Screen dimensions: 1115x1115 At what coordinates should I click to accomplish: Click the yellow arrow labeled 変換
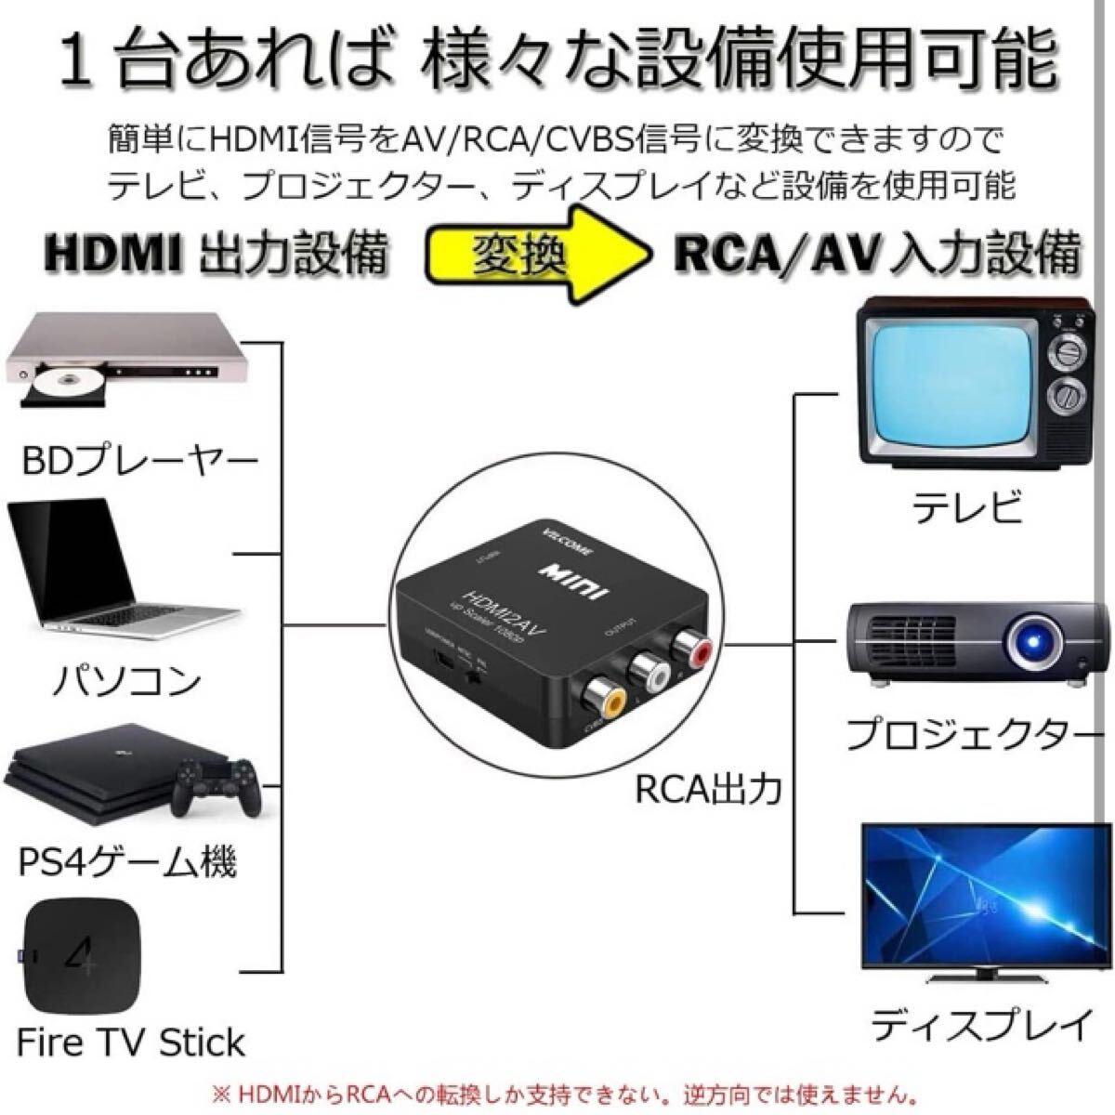(539, 253)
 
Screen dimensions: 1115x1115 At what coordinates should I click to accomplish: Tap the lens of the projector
(1032, 640)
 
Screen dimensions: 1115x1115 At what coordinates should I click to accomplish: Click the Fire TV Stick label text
(131, 1043)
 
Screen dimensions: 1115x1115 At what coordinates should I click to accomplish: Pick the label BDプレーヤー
(139, 460)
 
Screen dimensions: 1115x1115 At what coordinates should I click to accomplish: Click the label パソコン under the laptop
(125, 681)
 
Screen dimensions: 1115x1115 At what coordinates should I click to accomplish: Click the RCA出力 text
(708, 790)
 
